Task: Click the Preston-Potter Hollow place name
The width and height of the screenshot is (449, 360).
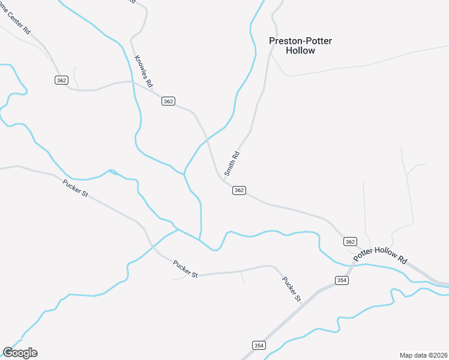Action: coord(300,46)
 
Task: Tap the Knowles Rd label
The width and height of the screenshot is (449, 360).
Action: coord(145,69)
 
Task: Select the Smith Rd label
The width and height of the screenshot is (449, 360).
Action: coord(232,163)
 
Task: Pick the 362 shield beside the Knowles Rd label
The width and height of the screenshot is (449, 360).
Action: coord(168,101)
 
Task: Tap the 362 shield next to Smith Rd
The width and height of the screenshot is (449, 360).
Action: coord(239,190)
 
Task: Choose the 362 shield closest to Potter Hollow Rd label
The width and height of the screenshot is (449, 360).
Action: coord(351,241)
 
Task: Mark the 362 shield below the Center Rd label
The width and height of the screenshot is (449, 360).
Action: coord(61,80)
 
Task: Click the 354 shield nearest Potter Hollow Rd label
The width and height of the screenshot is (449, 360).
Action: coord(342,280)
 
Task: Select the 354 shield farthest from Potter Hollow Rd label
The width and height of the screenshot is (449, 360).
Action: coord(258,345)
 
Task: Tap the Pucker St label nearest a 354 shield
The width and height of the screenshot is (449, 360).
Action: coord(291,289)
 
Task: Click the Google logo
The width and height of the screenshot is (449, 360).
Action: coord(20,353)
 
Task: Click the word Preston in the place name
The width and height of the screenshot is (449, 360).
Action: coord(285,41)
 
